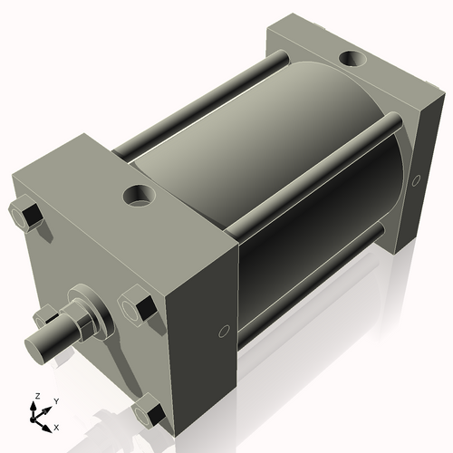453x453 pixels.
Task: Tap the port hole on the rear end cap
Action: (x=351, y=61)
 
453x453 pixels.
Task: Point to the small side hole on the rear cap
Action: (x=418, y=179)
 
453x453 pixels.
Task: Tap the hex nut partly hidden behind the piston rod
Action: (x=43, y=316)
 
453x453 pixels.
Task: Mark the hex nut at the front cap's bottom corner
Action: (x=148, y=412)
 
